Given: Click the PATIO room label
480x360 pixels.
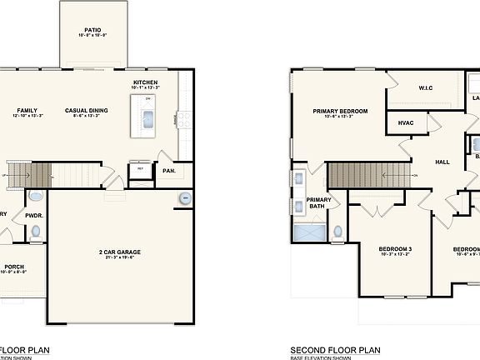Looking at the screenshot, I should point(92,29).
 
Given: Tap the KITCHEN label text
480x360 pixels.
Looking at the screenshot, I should point(146,82).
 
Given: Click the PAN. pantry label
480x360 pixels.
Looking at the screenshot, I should point(169,171).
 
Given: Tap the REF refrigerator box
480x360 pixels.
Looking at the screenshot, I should point(140,169).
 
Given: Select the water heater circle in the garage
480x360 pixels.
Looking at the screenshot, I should point(184,198).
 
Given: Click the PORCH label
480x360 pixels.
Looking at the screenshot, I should point(13,267).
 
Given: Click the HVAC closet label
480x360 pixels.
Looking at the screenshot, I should point(407,122).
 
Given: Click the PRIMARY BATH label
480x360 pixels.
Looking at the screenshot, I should point(318,202).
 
